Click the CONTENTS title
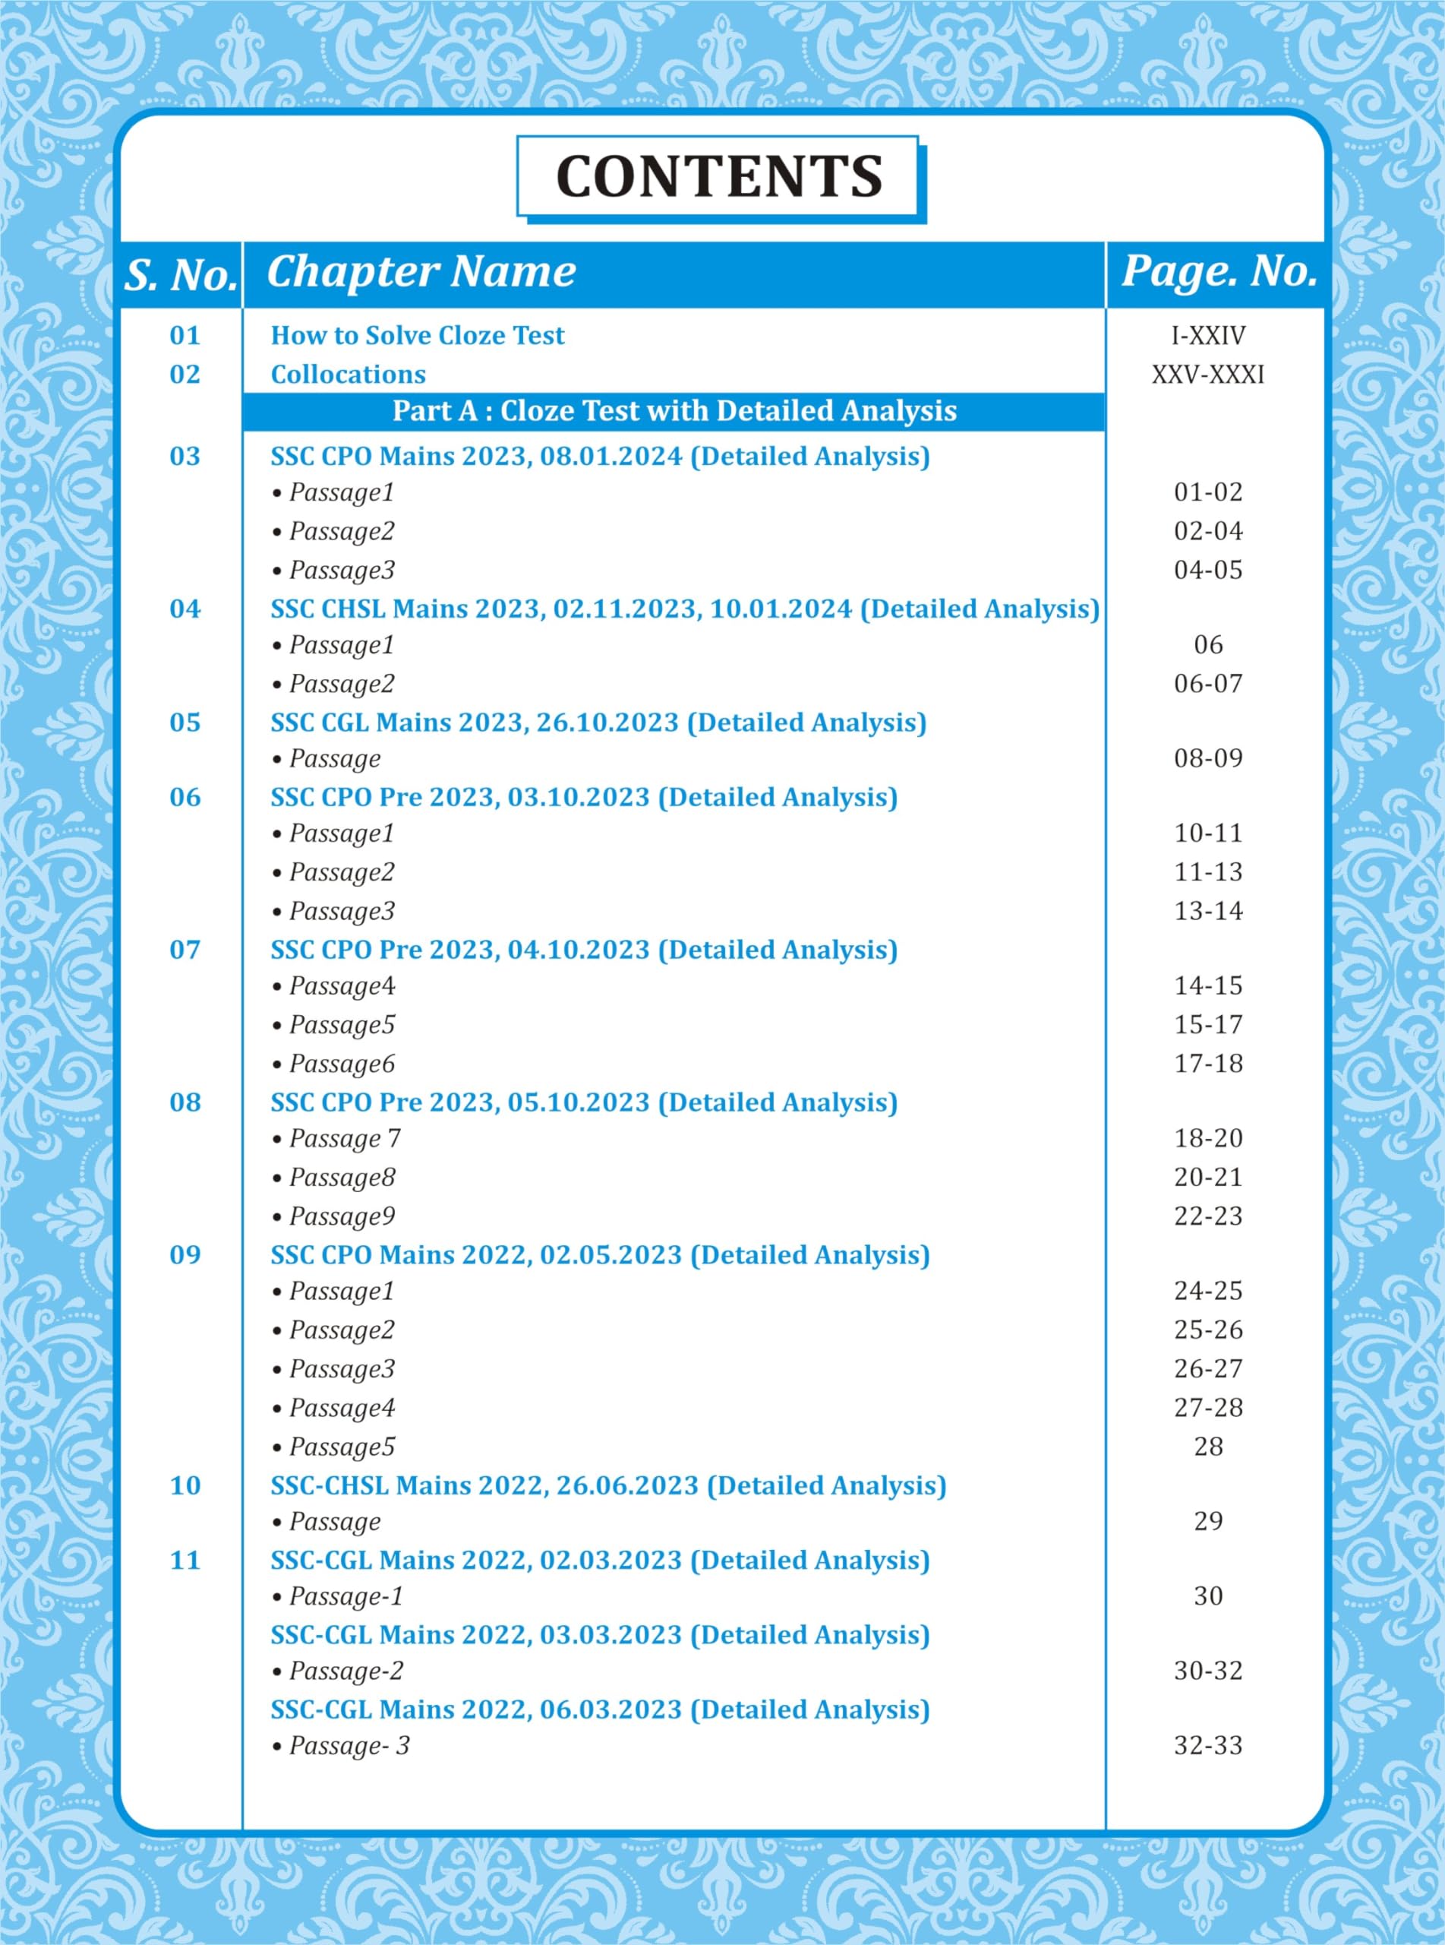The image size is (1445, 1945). point(719,177)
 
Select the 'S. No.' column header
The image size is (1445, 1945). point(181,275)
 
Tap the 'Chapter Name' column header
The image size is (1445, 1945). point(421,272)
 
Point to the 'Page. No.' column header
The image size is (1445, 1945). point(1219,272)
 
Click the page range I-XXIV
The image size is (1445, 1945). point(1208,335)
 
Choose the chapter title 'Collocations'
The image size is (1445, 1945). point(348,375)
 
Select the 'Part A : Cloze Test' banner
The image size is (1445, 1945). point(674,411)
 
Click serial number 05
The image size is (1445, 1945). point(185,723)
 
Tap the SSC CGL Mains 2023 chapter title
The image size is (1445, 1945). point(598,723)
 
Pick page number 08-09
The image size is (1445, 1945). point(1208,758)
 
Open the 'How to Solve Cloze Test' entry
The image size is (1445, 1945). point(417,335)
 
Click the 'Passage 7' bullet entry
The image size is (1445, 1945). point(344,1139)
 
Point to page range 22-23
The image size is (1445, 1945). point(1208,1216)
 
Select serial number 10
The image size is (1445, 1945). point(185,1485)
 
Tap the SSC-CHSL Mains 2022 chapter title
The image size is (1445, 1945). point(608,1485)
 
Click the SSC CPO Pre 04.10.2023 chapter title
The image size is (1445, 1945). point(583,950)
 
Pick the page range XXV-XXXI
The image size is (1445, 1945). point(1208,375)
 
